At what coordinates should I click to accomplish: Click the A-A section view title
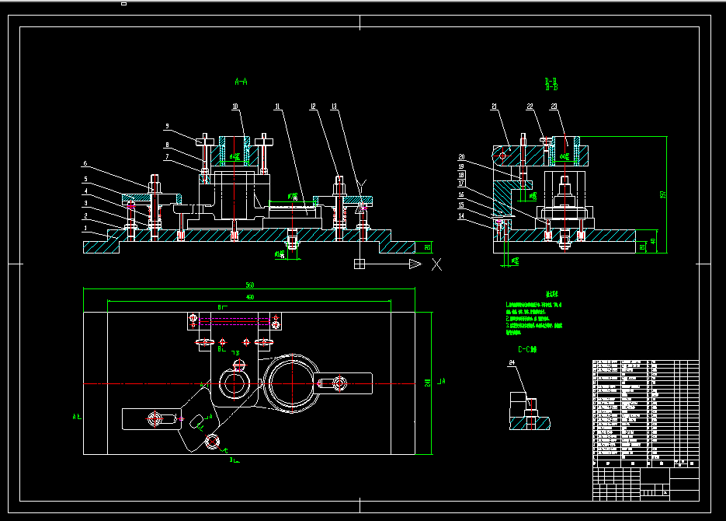(x=241, y=81)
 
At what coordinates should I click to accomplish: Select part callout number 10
(x=235, y=106)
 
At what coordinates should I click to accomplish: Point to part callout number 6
(x=85, y=164)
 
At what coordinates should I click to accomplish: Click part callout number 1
(x=85, y=229)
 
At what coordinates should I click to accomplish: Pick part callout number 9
(x=166, y=125)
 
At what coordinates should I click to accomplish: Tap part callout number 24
(x=512, y=362)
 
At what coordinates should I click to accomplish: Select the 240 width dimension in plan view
(x=428, y=381)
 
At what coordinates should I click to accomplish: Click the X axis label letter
(x=436, y=264)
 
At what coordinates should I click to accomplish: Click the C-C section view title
(x=528, y=350)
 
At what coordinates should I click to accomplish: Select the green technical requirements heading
(x=553, y=294)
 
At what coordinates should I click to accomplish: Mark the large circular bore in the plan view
(x=290, y=382)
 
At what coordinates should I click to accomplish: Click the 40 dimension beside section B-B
(x=652, y=240)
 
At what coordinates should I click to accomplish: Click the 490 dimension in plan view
(x=250, y=297)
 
